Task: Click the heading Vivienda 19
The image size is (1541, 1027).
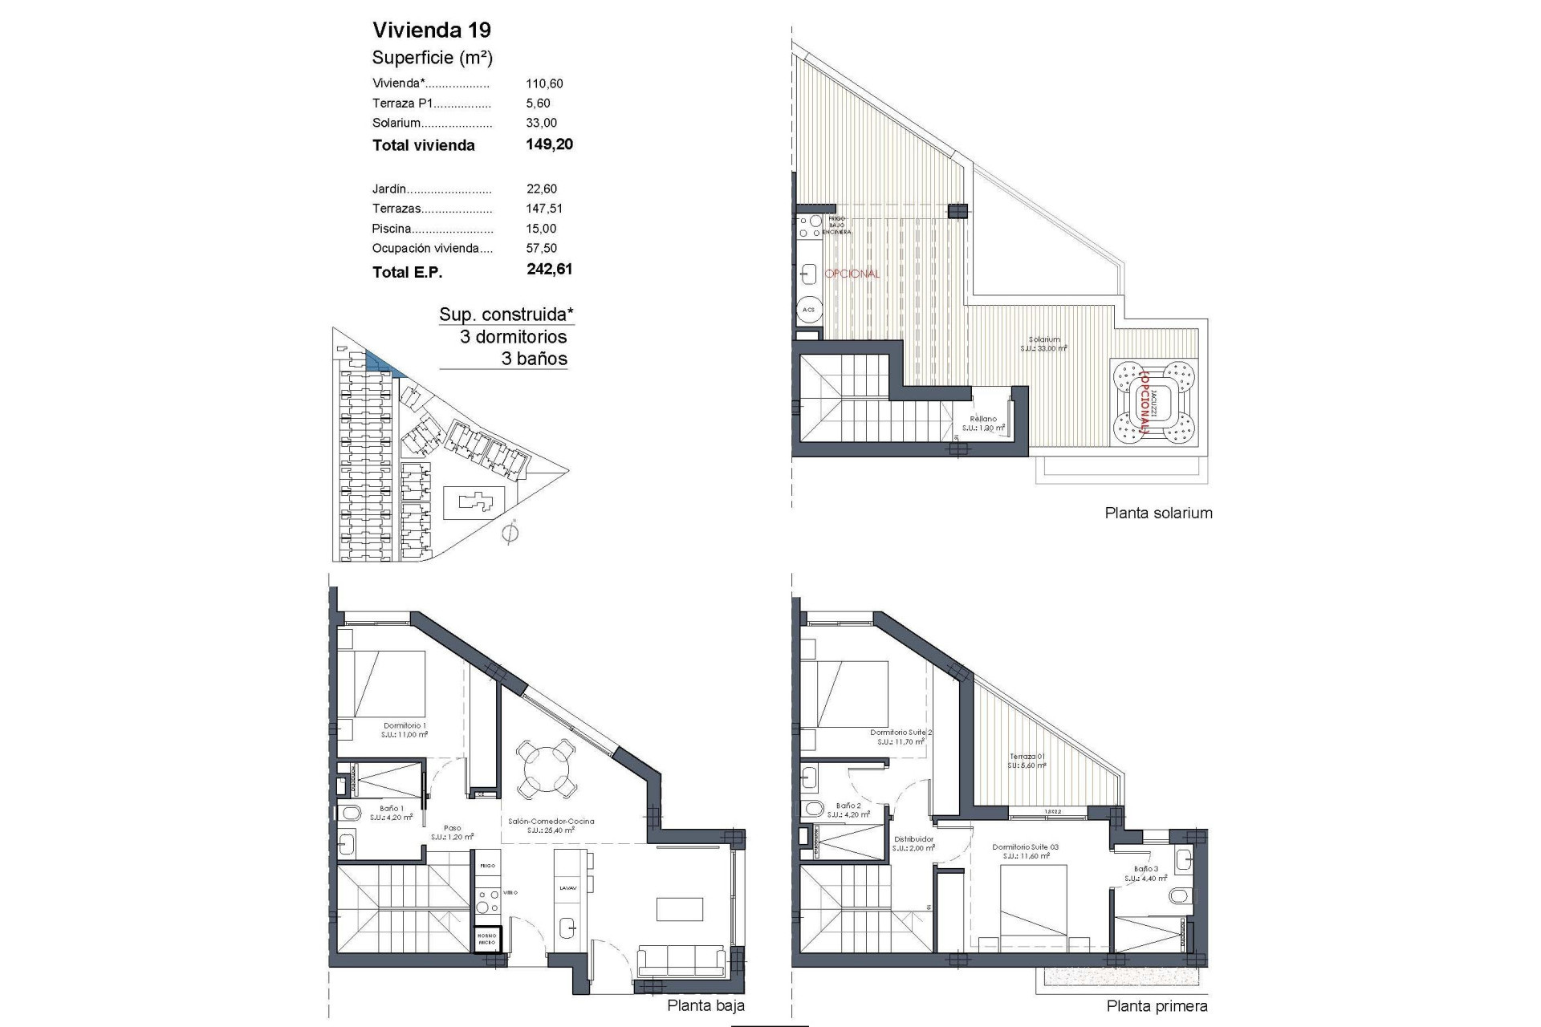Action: pyautogui.click(x=432, y=30)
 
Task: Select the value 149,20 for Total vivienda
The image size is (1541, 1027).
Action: pyautogui.click(x=550, y=144)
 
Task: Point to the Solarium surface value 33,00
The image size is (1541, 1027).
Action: pyautogui.click(x=541, y=123)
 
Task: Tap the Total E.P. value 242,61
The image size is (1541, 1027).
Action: pyautogui.click(x=550, y=270)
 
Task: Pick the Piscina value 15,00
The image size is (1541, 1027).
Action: pyautogui.click(x=541, y=229)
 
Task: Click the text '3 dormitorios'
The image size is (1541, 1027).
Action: pyautogui.click(x=513, y=337)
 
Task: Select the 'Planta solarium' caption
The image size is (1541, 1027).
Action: pyautogui.click(x=1158, y=513)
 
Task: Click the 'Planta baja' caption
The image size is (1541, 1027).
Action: pyautogui.click(x=705, y=1005)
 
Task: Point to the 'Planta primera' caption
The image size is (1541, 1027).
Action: pyautogui.click(x=1157, y=1006)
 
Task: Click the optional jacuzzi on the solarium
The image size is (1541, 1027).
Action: pyautogui.click(x=1154, y=401)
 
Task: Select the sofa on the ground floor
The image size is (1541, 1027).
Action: pyautogui.click(x=682, y=959)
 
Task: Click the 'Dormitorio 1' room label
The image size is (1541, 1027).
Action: pyautogui.click(x=405, y=725)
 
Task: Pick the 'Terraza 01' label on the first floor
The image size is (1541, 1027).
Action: pyautogui.click(x=1027, y=757)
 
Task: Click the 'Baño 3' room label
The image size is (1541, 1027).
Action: pyautogui.click(x=1145, y=869)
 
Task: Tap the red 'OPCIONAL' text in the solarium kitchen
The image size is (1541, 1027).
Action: pyautogui.click(x=852, y=274)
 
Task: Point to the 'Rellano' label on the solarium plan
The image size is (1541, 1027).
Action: pyautogui.click(x=983, y=419)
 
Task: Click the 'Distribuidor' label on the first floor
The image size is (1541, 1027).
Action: pyautogui.click(x=914, y=839)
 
